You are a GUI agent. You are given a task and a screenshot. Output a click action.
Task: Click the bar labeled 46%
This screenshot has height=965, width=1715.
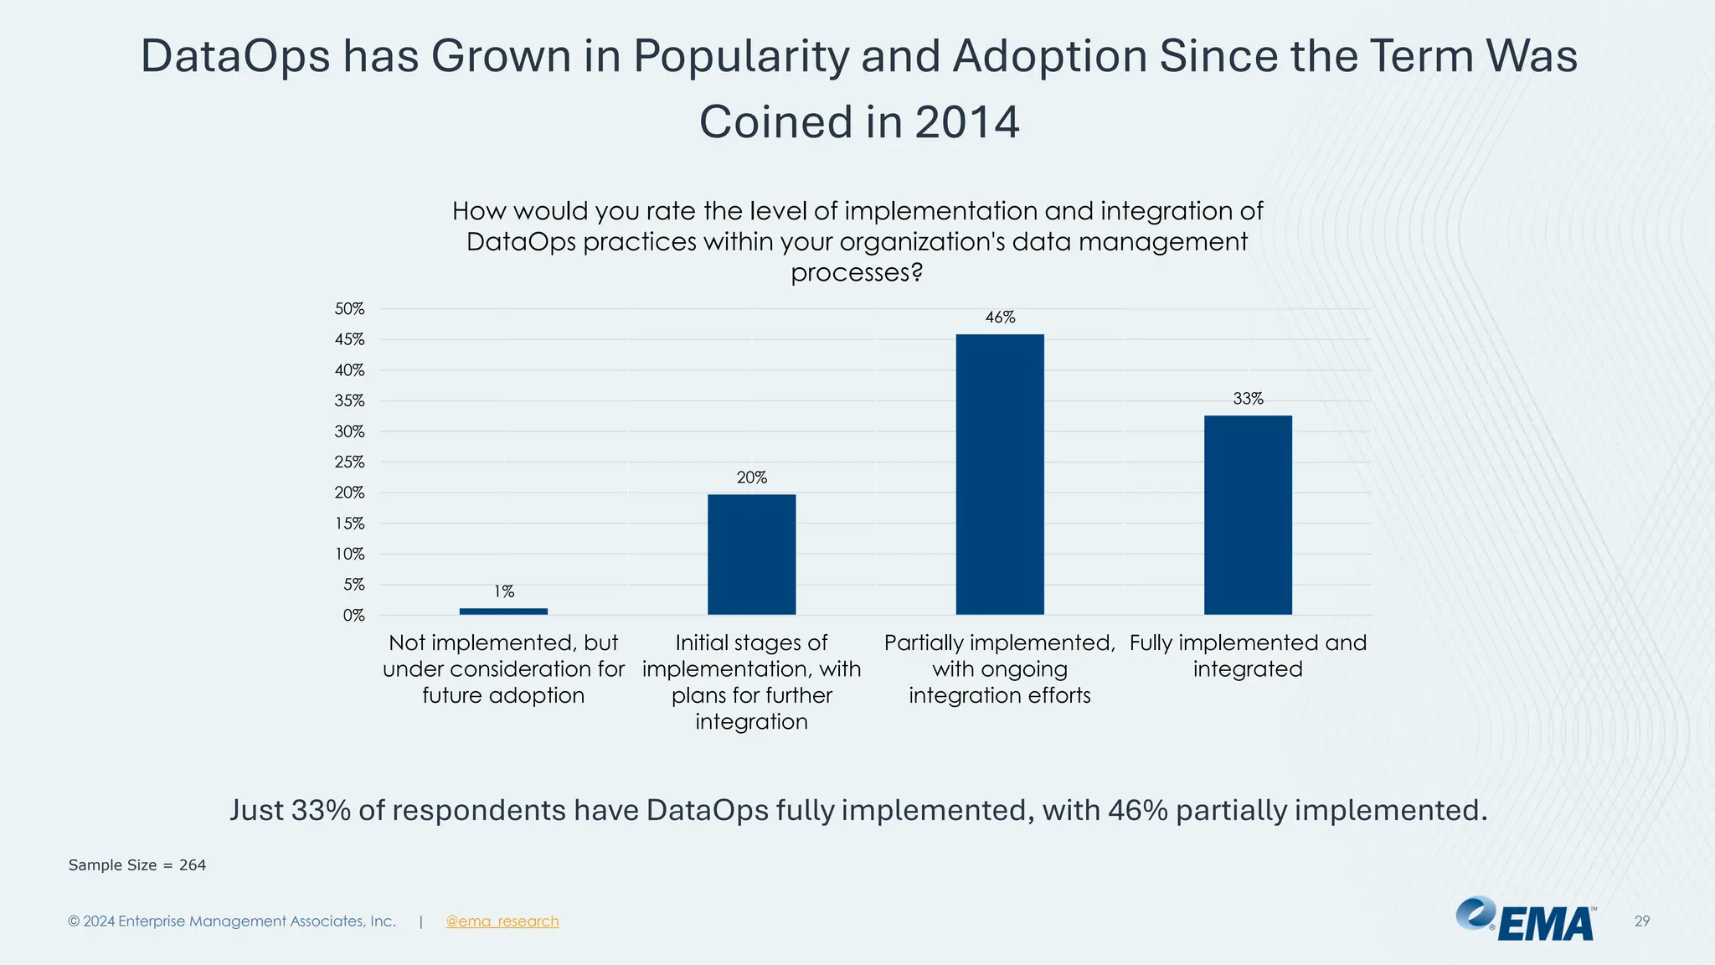point(1000,474)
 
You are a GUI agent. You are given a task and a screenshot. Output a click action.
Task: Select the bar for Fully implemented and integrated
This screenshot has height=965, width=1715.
point(1248,514)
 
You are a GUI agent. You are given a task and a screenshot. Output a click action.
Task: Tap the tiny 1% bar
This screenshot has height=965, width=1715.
point(503,612)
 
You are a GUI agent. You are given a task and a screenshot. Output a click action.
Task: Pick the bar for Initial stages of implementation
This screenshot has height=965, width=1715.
point(751,555)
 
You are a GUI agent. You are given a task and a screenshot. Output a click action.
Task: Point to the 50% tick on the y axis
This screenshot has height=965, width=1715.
point(350,309)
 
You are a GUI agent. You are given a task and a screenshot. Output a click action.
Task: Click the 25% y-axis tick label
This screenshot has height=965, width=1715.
point(350,462)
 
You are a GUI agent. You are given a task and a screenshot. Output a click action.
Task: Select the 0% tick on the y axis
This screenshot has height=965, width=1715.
point(353,616)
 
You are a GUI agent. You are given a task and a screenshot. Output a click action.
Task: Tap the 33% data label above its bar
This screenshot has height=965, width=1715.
point(1248,399)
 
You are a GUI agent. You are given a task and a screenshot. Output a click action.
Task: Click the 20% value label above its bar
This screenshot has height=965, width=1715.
point(751,477)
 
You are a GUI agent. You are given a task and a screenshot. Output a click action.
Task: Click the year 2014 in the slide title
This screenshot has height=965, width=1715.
point(966,122)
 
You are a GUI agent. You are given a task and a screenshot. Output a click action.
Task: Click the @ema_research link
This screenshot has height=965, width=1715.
point(502,921)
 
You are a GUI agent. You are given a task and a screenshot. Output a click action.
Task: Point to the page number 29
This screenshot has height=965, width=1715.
point(1641,921)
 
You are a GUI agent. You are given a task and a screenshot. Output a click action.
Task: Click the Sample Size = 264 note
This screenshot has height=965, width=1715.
point(137,865)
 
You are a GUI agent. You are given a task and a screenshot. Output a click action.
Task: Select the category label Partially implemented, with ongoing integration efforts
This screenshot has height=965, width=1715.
point(1000,668)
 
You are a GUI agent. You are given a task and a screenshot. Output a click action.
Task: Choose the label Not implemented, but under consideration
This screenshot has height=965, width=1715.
point(503,668)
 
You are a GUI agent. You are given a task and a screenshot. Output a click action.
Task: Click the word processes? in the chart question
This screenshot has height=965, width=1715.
point(856,273)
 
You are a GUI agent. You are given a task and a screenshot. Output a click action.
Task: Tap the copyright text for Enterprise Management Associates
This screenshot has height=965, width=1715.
point(232,921)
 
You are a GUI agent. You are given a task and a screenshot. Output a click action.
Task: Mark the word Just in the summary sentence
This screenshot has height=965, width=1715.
point(255,810)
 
